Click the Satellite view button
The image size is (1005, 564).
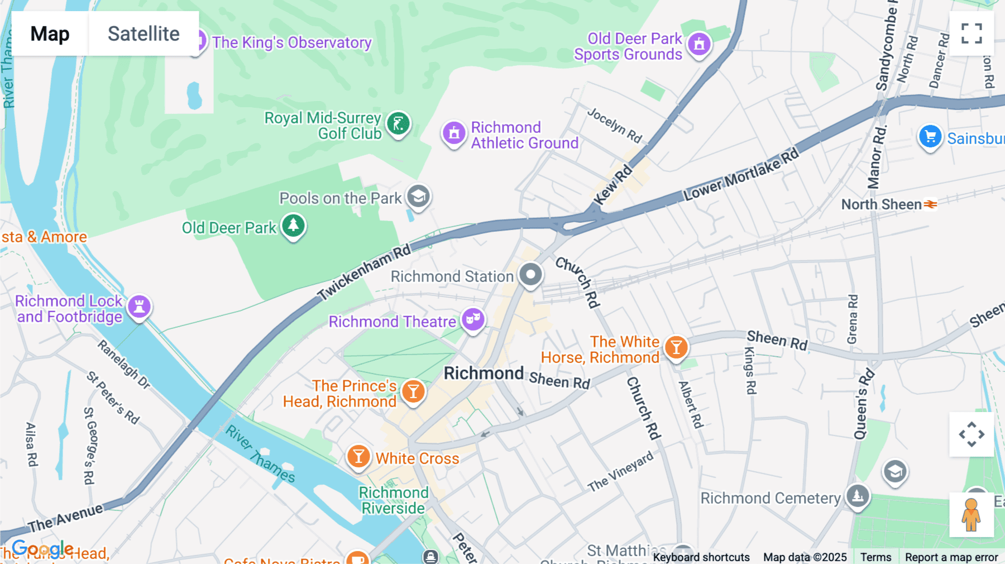pyautogui.click(x=143, y=34)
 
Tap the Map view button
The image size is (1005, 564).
pyautogui.click(x=50, y=34)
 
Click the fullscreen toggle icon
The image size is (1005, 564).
pyautogui.click(x=971, y=34)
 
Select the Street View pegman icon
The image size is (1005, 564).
pyautogui.click(x=971, y=515)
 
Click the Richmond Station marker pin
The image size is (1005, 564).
pyautogui.click(x=530, y=275)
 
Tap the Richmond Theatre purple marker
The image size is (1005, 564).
pyautogui.click(x=473, y=320)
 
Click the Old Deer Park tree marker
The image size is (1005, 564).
pyautogui.click(x=293, y=226)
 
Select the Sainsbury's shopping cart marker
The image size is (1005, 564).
pyautogui.click(x=930, y=136)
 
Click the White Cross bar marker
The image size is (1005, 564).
pyautogui.click(x=358, y=457)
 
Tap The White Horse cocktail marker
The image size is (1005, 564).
pyautogui.click(x=676, y=347)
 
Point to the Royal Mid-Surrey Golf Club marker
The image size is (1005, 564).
pyautogui.click(x=398, y=123)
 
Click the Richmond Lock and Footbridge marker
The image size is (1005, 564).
pyautogui.click(x=139, y=306)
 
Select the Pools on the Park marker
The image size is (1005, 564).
pyautogui.click(x=418, y=196)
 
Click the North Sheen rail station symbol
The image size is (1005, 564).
pyautogui.click(x=930, y=204)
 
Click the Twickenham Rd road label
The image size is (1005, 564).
pyautogui.click(x=364, y=272)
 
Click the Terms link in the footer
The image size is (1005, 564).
pyautogui.click(x=875, y=557)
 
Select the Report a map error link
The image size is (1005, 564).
pyautogui.click(x=951, y=557)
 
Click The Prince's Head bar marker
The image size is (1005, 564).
pyautogui.click(x=413, y=391)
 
